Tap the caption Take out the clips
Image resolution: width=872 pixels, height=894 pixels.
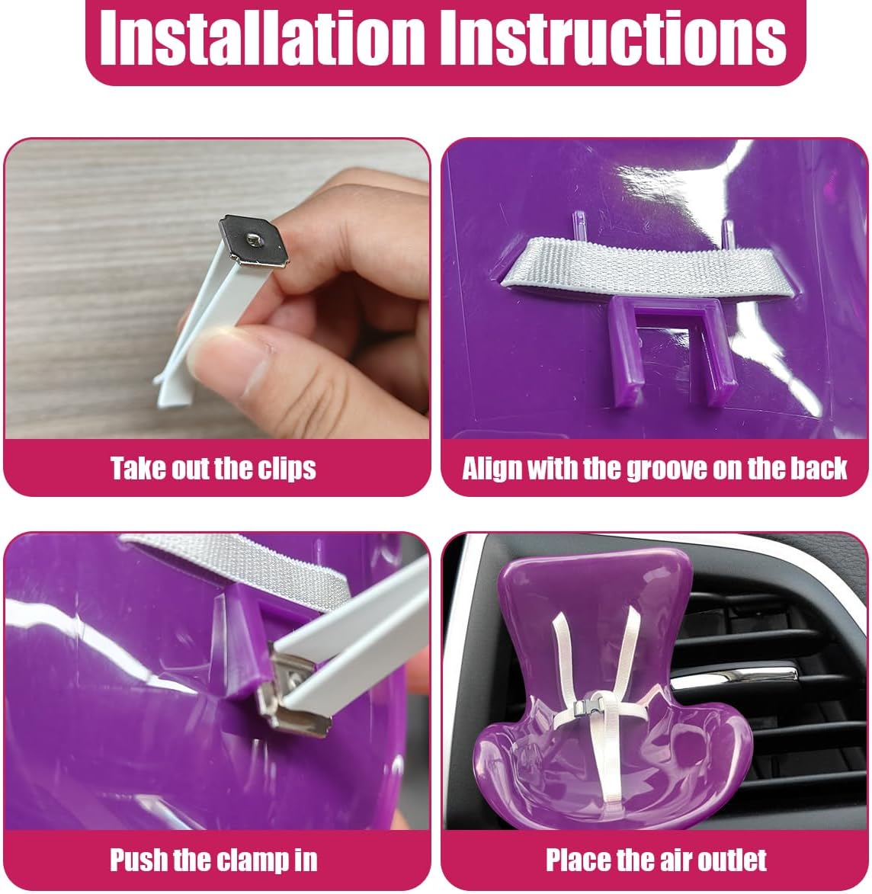213,467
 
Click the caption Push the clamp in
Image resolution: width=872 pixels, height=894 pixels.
213,860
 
